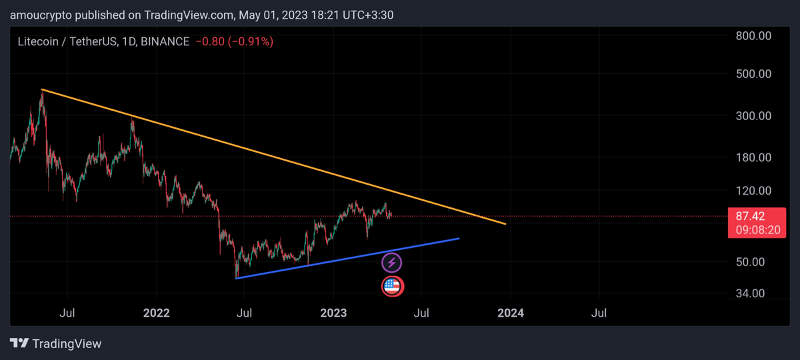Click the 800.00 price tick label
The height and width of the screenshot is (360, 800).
pyautogui.click(x=754, y=35)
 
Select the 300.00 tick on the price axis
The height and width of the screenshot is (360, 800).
pyautogui.click(x=754, y=116)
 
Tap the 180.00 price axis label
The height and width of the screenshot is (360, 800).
pyautogui.click(x=754, y=157)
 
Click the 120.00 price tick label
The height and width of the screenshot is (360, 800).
pyautogui.click(x=754, y=191)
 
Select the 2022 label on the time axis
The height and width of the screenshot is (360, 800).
pyautogui.click(x=157, y=312)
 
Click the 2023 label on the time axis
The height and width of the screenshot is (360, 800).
pyautogui.click(x=334, y=312)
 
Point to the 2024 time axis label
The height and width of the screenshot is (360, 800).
pyautogui.click(x=511, y=312)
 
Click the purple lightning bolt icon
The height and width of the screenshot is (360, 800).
pyautogui.click(x=392, y=263)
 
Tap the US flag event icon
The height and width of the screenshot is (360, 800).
pyautogui.click(x=392, y=286)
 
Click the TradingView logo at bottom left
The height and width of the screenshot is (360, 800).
pyautogui.click(x=56, y=344)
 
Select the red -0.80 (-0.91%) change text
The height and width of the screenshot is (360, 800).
pyautogui.click(x=234, y=41)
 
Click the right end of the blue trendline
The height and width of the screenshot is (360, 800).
pyautogui.click(x=459, y=238)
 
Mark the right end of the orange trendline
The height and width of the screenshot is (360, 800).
pyautogui.click(x=505, y=223)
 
